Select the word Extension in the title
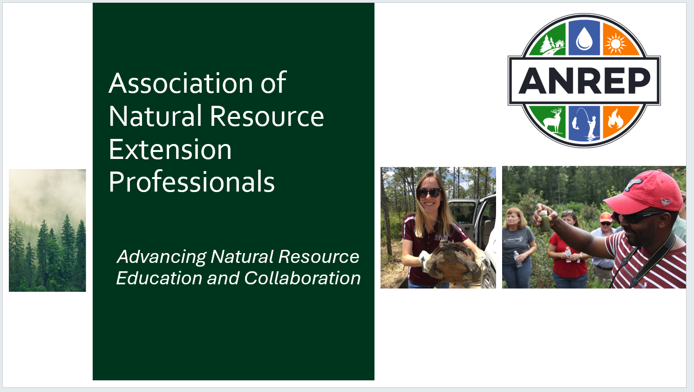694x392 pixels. click(x=170, y=150)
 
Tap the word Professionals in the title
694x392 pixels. click(x=191, y=182)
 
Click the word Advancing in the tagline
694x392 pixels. click(x=162, y=257)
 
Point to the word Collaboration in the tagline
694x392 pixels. click(x=302, y=278)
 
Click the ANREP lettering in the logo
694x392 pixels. click(x=585, y=81)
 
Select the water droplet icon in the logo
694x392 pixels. click(x=585, y=39)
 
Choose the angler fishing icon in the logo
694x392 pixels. click(x=585, y=123)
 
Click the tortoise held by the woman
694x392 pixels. click(x=453, y=261)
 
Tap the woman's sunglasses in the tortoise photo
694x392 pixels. click(x=429, y=193)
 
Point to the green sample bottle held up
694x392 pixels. click(x=544, y=221)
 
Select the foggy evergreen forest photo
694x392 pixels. click(x=48, y=230)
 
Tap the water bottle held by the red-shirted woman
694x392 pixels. click(x=568, y=254)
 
